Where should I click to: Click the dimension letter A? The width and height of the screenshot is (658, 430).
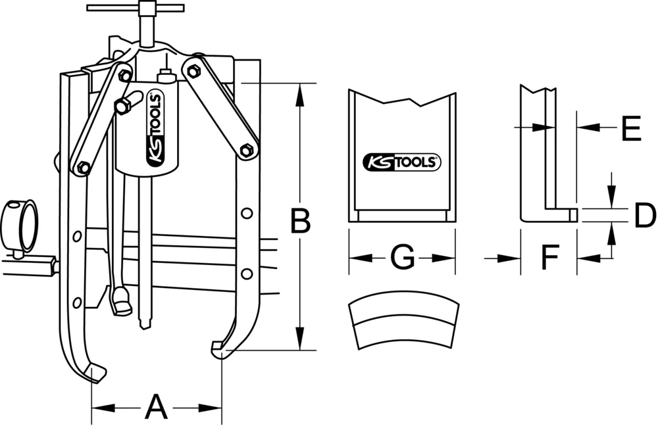(155, 408)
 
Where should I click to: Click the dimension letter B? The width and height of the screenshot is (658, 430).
(300, 221)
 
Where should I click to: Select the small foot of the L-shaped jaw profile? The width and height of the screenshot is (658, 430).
(571, 215)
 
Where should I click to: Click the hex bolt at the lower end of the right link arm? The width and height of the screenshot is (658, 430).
(247, 150)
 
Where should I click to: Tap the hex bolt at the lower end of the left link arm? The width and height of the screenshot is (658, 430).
(84, 167)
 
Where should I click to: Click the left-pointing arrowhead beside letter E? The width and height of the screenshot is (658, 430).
(585, 127)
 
